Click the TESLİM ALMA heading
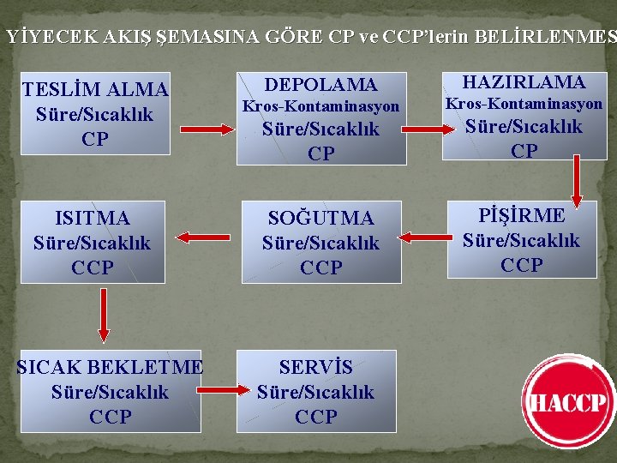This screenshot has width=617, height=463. pyautogui.click(x=95, y=90)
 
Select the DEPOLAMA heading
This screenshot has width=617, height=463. pyautogui.click(x=320, y=84)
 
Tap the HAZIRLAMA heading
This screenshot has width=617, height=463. pyautogui.click(x=524, y=82)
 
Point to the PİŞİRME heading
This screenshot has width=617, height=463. pyautogui.click(x=522, y=215)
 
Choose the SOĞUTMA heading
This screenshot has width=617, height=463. pyautogui.click(x=320, y=219)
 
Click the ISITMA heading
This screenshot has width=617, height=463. pyautogui.click(x=92, y=218)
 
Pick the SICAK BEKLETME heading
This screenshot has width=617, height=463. pyautogui.click(x=110, y=367)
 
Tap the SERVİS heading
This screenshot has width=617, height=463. pyautogui.click(x=315, y=367)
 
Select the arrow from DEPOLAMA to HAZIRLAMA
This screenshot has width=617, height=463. pyautogui.click(x=428, y=129)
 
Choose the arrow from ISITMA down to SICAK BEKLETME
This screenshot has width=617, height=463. pyautogui.click(x=104, y=315)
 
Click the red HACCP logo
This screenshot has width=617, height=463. pyautogui.click(x=569, y=403)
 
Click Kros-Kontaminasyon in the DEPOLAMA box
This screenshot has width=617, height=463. pyautogui.click(x=320, y=107)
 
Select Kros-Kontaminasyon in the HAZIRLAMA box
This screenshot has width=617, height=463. pyautogui.click(x=524, y=104)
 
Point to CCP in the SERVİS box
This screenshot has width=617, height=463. pyautogui.click(x=315, y=417)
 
